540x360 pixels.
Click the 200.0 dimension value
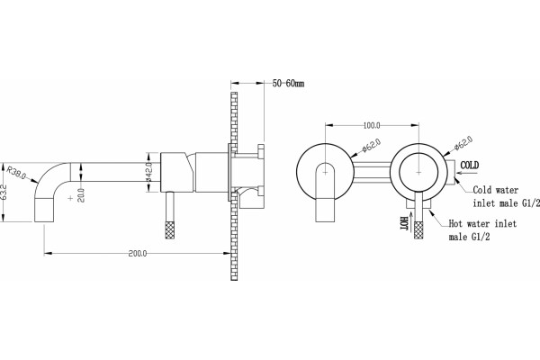pyautogui.click(x=138, y=254)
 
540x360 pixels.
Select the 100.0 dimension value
pyautogui.click(x=372, y=126)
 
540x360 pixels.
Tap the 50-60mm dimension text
pyautogui.click(x=288, y=84)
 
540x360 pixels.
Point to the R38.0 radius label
pyautogui.click(x=16, y=172)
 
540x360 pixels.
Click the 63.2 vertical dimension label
pyautogui.click(x=4, y=194)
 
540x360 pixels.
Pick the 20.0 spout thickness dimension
pyautogui.click(x=81, y=195)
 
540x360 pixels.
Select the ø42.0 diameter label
pyautogui.click(x=149, y=172)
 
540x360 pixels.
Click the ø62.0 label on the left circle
pyautogui.click(x=371, y=146)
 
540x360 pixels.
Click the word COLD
pyautogui.click(x=470, y=166)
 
